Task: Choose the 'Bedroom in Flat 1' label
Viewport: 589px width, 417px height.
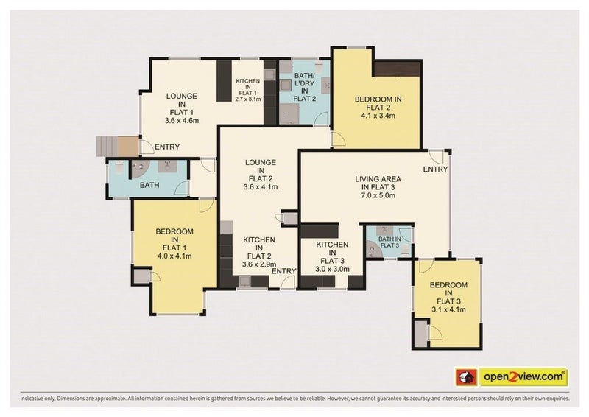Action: click(174, 244)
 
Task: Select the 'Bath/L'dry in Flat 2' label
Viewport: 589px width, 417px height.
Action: click(303, 86)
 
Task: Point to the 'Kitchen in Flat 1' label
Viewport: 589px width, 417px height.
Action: click(247, 88)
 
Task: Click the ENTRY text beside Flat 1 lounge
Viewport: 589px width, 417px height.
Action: click(167, 147)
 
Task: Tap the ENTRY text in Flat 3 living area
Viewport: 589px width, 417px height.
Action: click(435, 170)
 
